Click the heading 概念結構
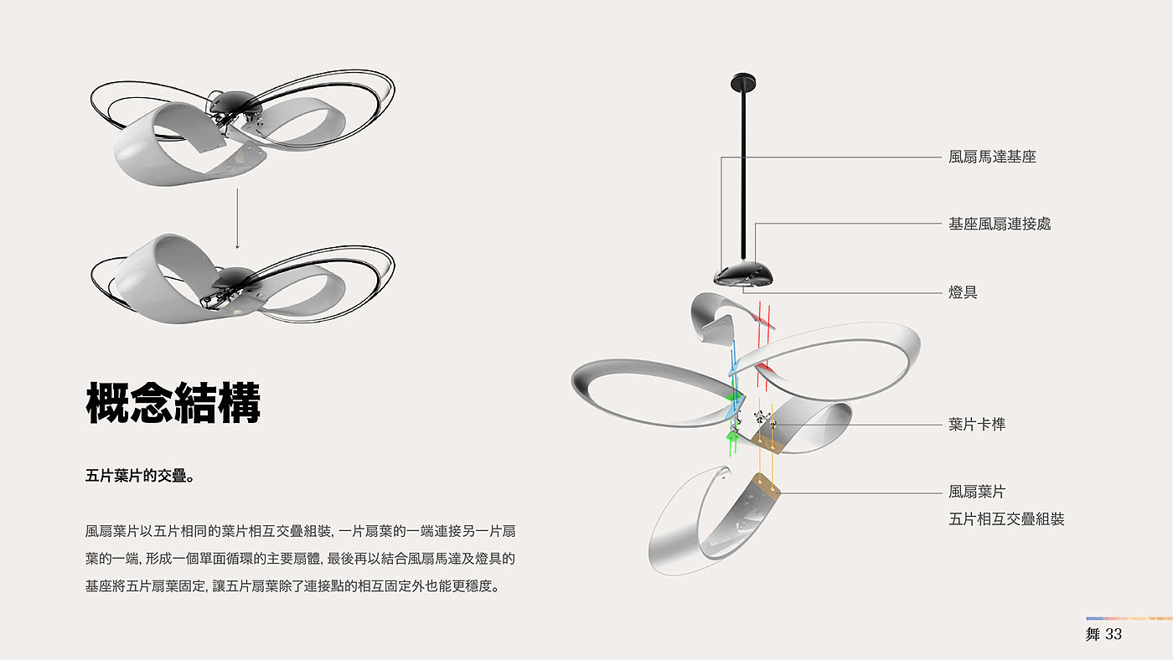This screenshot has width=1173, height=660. (173, 404)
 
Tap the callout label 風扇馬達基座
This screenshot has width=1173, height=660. (992, 157)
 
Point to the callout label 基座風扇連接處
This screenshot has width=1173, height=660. (1000, 224)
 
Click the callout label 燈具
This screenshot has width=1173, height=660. (963, 292)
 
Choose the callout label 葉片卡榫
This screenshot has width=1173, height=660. (977, 425)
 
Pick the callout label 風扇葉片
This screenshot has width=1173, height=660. (977, 492)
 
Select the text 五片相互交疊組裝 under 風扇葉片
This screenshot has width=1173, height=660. (1006, 519)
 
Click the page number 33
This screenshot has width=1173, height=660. (1114, 634)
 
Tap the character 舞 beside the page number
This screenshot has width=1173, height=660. (1093, 634)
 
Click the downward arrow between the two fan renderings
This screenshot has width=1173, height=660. (238, 219)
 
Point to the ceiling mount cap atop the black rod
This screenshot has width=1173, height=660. (743, 81)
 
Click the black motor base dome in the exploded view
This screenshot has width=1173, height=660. (743, 273)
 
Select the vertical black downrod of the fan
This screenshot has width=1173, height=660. (743, 168)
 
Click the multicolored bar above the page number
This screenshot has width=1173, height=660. (1129, 619)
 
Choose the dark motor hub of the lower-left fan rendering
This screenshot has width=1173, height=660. (236, 277)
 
